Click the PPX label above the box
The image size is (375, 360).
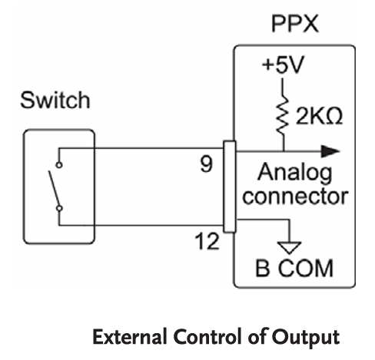click(x=295, y=24)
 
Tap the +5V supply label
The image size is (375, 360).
click(x=283, y=64)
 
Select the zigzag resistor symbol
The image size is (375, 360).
click(x=283, y=115)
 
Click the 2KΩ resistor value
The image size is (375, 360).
click(x=319, y=116)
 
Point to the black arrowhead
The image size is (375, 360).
click(x=330, y=151)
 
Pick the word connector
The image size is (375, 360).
click(x=295, y=197)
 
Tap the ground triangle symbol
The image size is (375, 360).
click(x=289, y=248)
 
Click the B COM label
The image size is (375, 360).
click(x=294, y=268)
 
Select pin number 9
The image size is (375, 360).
click(x=206, y=164)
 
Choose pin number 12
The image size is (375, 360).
click(x=207, y=241)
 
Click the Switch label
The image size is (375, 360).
click(x=55, y=100)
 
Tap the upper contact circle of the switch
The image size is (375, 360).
click(x=59, y=165)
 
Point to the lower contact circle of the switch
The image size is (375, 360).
click(x=59, y=209)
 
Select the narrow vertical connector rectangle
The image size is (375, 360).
click(x=230, y=187)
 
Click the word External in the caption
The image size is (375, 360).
click(x=130, y=337)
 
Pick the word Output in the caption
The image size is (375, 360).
click(x=306, y=338)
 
